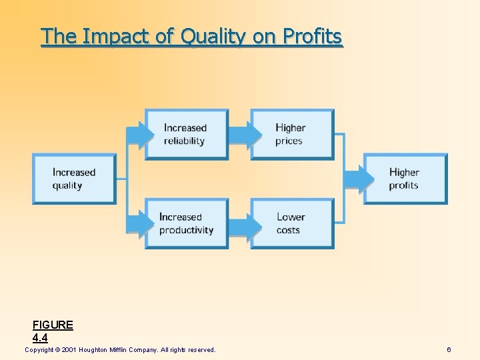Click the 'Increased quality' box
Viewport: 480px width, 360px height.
tap(74, 179)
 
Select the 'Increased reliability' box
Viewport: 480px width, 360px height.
tap(187, 134)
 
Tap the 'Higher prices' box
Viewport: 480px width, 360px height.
tap(291, 134)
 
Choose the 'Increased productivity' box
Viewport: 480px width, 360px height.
tap(187, 223)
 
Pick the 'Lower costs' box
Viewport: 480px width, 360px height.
tap(291, 223)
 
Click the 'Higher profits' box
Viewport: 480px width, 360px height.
tap(405, 179)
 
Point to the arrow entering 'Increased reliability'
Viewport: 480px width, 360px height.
tap(138, 134)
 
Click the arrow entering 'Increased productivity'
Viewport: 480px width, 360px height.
tap(138, 223)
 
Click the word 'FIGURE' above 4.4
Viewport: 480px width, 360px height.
tap(53, 325)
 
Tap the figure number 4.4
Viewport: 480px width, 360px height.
tap(40, 338)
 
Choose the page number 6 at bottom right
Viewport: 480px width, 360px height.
tap(449, 350)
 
